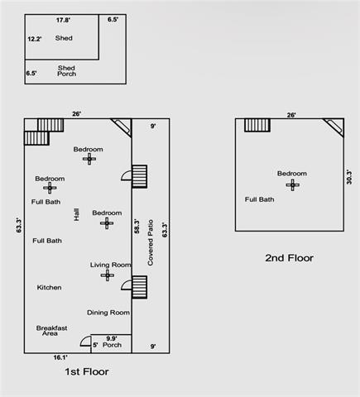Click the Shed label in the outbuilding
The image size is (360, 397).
click(x=64, y=38)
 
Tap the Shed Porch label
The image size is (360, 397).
click(x=66, y=71)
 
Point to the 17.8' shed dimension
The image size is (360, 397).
click(x=63, y=19)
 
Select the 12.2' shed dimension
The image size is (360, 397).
click(x=35, y=38)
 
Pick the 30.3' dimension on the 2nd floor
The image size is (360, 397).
click(x=350, y=178)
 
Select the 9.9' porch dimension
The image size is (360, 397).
click(x=113, y=337)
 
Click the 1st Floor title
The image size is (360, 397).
click(x=87, y=371)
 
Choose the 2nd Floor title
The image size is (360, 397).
click(x=289, y=258)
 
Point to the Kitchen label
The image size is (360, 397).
click(x=49, y=287)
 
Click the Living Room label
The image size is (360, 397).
click(x=111, y=265)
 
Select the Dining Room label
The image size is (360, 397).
click(x=108, y=312)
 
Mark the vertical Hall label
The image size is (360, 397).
click(x=76, y=213)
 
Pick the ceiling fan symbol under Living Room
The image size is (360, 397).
click(x=107, y=275)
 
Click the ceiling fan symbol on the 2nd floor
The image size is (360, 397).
click(x=291, y=184)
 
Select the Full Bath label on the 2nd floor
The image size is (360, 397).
click(x=259, y=198)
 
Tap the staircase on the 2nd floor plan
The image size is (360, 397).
click(x=257, y=125)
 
